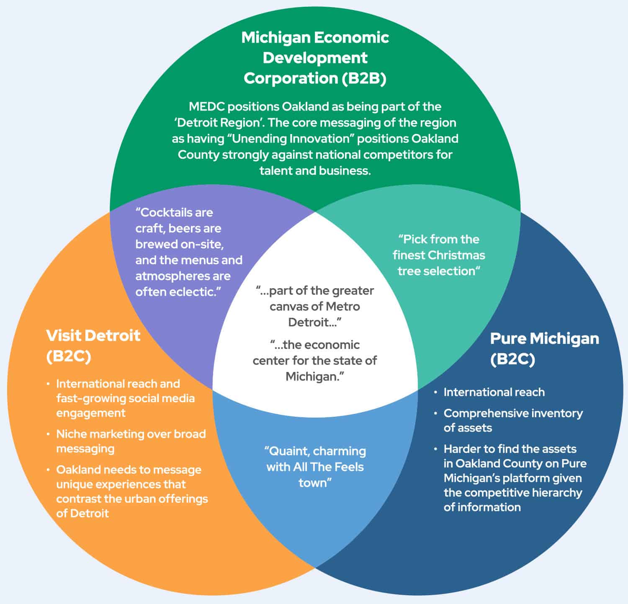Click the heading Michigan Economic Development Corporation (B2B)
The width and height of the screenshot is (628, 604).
pos(315,58)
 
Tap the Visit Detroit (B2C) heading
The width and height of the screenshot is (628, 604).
pos(93,346)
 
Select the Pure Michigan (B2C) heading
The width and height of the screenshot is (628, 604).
pos(544,348)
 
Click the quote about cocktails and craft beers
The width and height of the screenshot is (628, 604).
pos(188,252)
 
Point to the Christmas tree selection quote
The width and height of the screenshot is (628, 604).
pos(438,255)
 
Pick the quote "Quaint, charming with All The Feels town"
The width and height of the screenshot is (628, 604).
pos(315,467)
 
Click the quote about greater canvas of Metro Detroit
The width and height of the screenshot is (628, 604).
pos(315,306)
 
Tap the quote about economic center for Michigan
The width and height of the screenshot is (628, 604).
pos(315,361)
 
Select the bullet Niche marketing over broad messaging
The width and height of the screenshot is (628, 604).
pos(131,441)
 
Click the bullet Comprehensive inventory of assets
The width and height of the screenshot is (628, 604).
pos(513,420)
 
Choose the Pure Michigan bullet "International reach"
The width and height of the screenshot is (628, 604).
pos(494,392)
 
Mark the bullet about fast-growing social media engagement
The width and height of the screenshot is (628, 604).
pos(125,398)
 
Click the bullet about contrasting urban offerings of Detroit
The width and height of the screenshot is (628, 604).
pos(132,491)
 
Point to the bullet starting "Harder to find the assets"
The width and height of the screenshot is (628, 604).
pos(515,478)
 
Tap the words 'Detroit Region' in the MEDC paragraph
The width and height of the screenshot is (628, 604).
pos(218,123)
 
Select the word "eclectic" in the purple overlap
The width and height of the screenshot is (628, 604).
pos(197,292)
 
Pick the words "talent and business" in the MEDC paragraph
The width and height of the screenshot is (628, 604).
pos(315,170)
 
